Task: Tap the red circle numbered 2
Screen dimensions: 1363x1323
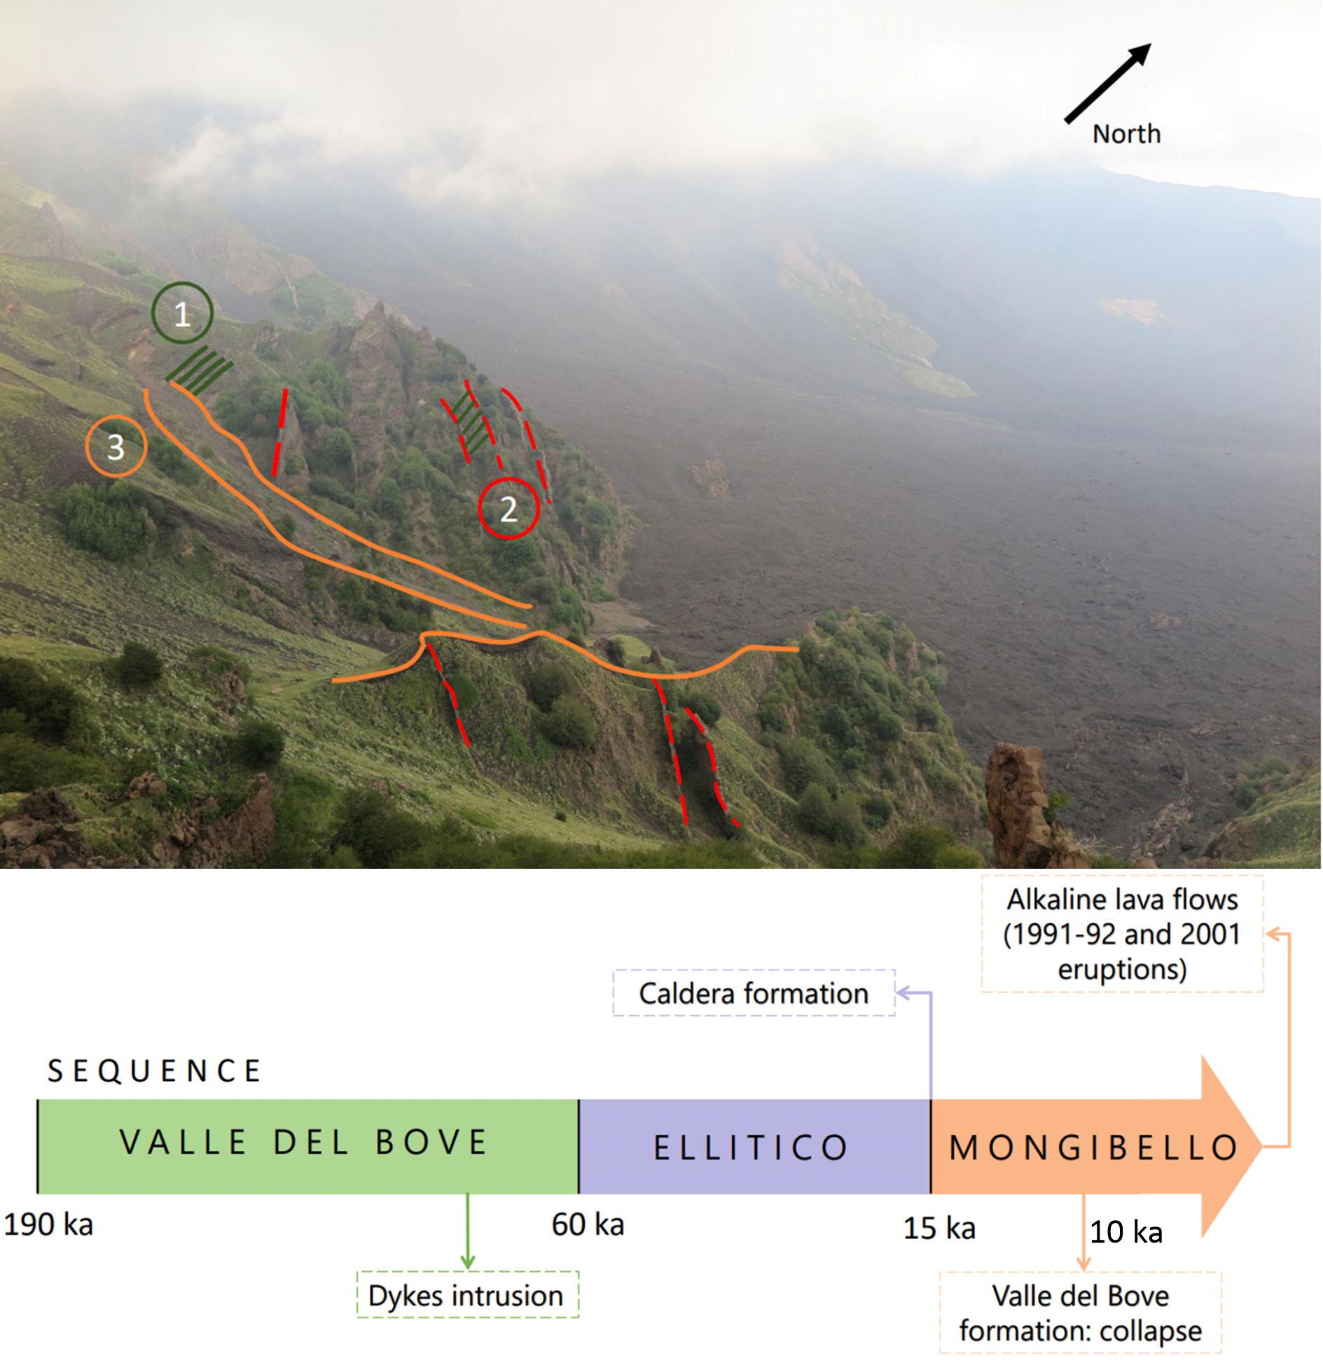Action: click(x=508, y=508)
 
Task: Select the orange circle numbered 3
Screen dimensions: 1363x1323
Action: click(x=116, y=446)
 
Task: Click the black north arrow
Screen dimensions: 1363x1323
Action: click(x=1107, y=83)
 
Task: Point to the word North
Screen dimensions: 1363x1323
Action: click(x=1126, y=134)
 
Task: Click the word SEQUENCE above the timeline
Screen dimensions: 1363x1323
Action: click(x=154, y=1071)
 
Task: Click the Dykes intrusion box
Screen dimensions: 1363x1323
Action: click(x=467, y=1296)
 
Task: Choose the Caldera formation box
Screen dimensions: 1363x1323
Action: click(x=754, y=993)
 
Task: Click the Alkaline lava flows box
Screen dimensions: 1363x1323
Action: click(x=1122, y=934)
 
